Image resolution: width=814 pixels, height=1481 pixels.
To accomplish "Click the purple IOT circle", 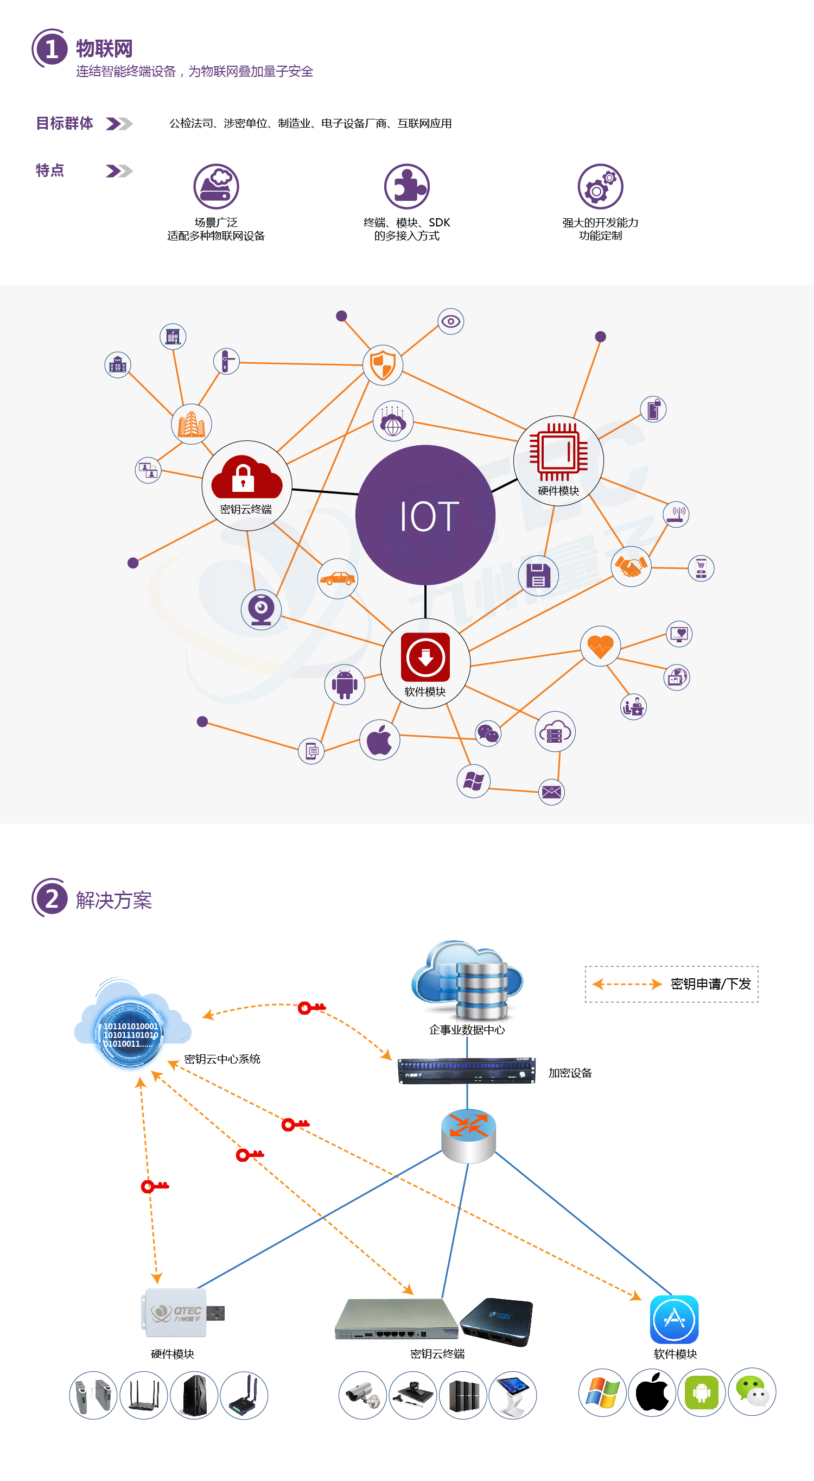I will point(425,515).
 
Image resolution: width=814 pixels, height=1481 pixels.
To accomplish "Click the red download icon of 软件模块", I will point(425,656).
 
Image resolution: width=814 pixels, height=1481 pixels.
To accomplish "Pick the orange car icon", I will point(338,578).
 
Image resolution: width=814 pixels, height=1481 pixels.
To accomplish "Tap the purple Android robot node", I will point(345,684).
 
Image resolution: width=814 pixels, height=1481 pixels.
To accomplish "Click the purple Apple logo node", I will point(379,740).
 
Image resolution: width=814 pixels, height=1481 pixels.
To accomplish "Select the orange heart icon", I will point(600,646).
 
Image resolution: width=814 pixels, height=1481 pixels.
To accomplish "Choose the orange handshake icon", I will point(631,566).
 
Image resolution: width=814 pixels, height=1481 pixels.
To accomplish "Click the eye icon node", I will point(451,321).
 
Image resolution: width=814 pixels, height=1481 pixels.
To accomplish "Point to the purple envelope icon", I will point(551,792).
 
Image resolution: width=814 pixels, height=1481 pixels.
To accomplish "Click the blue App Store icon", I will point(675,1319).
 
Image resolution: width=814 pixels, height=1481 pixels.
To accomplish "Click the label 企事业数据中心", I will point(467,1030).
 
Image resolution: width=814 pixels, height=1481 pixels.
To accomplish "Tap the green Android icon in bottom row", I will point(701,1393).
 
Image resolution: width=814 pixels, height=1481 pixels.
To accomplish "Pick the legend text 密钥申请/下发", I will point(710,984).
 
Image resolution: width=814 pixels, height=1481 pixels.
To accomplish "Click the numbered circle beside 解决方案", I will point(50,898).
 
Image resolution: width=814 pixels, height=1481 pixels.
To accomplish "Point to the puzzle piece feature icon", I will point(407,186).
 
